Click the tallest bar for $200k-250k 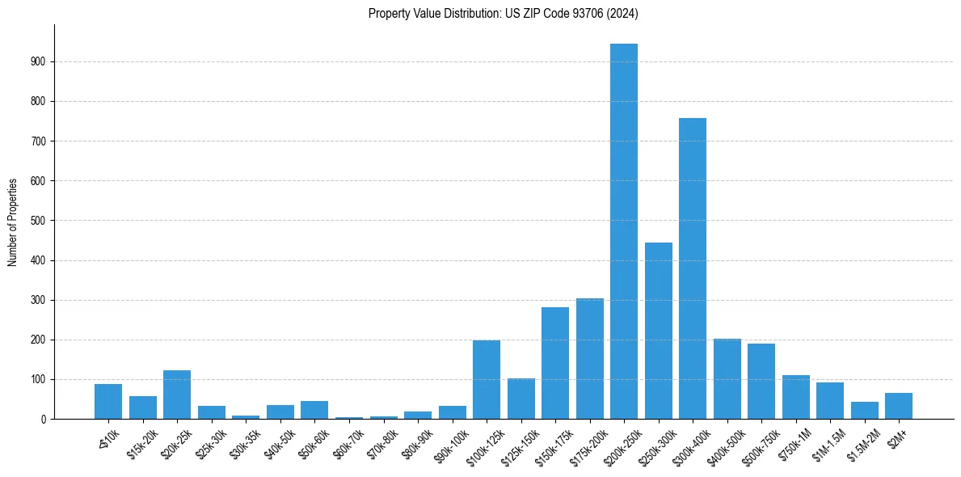coord(623,231)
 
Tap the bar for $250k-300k coord(658,331)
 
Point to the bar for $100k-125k coord(487,380)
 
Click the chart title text coord(504,13)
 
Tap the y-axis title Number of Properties coord(13,222)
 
